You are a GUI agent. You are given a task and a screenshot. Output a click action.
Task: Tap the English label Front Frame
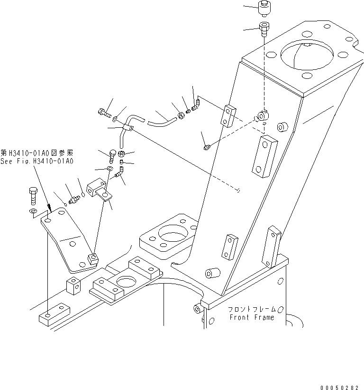click(252, 317)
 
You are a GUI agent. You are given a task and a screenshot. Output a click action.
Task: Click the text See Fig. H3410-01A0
click(37, 161)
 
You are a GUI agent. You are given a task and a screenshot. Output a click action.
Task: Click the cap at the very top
click(264, 7)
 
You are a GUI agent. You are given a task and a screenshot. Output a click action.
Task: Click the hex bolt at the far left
click(33, 194)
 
